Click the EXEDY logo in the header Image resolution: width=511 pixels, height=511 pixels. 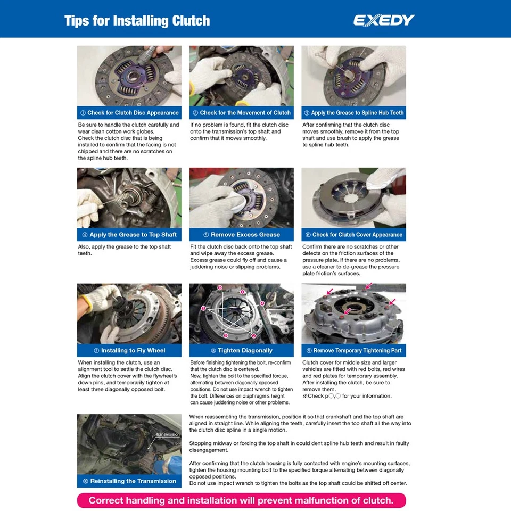pos(384,21)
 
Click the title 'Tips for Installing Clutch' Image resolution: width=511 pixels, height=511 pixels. pos(137,21)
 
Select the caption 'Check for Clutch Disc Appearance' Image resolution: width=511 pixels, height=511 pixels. pos(129,113)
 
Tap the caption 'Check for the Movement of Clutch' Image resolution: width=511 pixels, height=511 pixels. pos(241,113)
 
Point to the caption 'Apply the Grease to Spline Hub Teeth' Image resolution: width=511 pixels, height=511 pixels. pos(353,113)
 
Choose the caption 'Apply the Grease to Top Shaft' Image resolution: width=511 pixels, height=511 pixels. pos(129,235)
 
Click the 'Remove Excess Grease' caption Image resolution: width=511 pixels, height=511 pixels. pos(241,235)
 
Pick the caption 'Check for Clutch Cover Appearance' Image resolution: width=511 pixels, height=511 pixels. pos(353,235)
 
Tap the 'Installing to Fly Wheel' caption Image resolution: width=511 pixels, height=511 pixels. pos(129,351)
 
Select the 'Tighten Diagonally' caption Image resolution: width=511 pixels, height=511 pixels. pos(241,351)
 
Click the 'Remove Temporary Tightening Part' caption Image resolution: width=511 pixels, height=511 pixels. pos(353,351)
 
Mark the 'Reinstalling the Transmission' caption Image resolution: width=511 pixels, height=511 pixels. pos(129,481)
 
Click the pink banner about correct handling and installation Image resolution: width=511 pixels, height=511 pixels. pos(241,500)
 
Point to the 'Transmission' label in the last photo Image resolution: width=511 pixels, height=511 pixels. pos(168,435)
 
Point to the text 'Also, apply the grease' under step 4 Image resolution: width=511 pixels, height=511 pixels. pos(125,250)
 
